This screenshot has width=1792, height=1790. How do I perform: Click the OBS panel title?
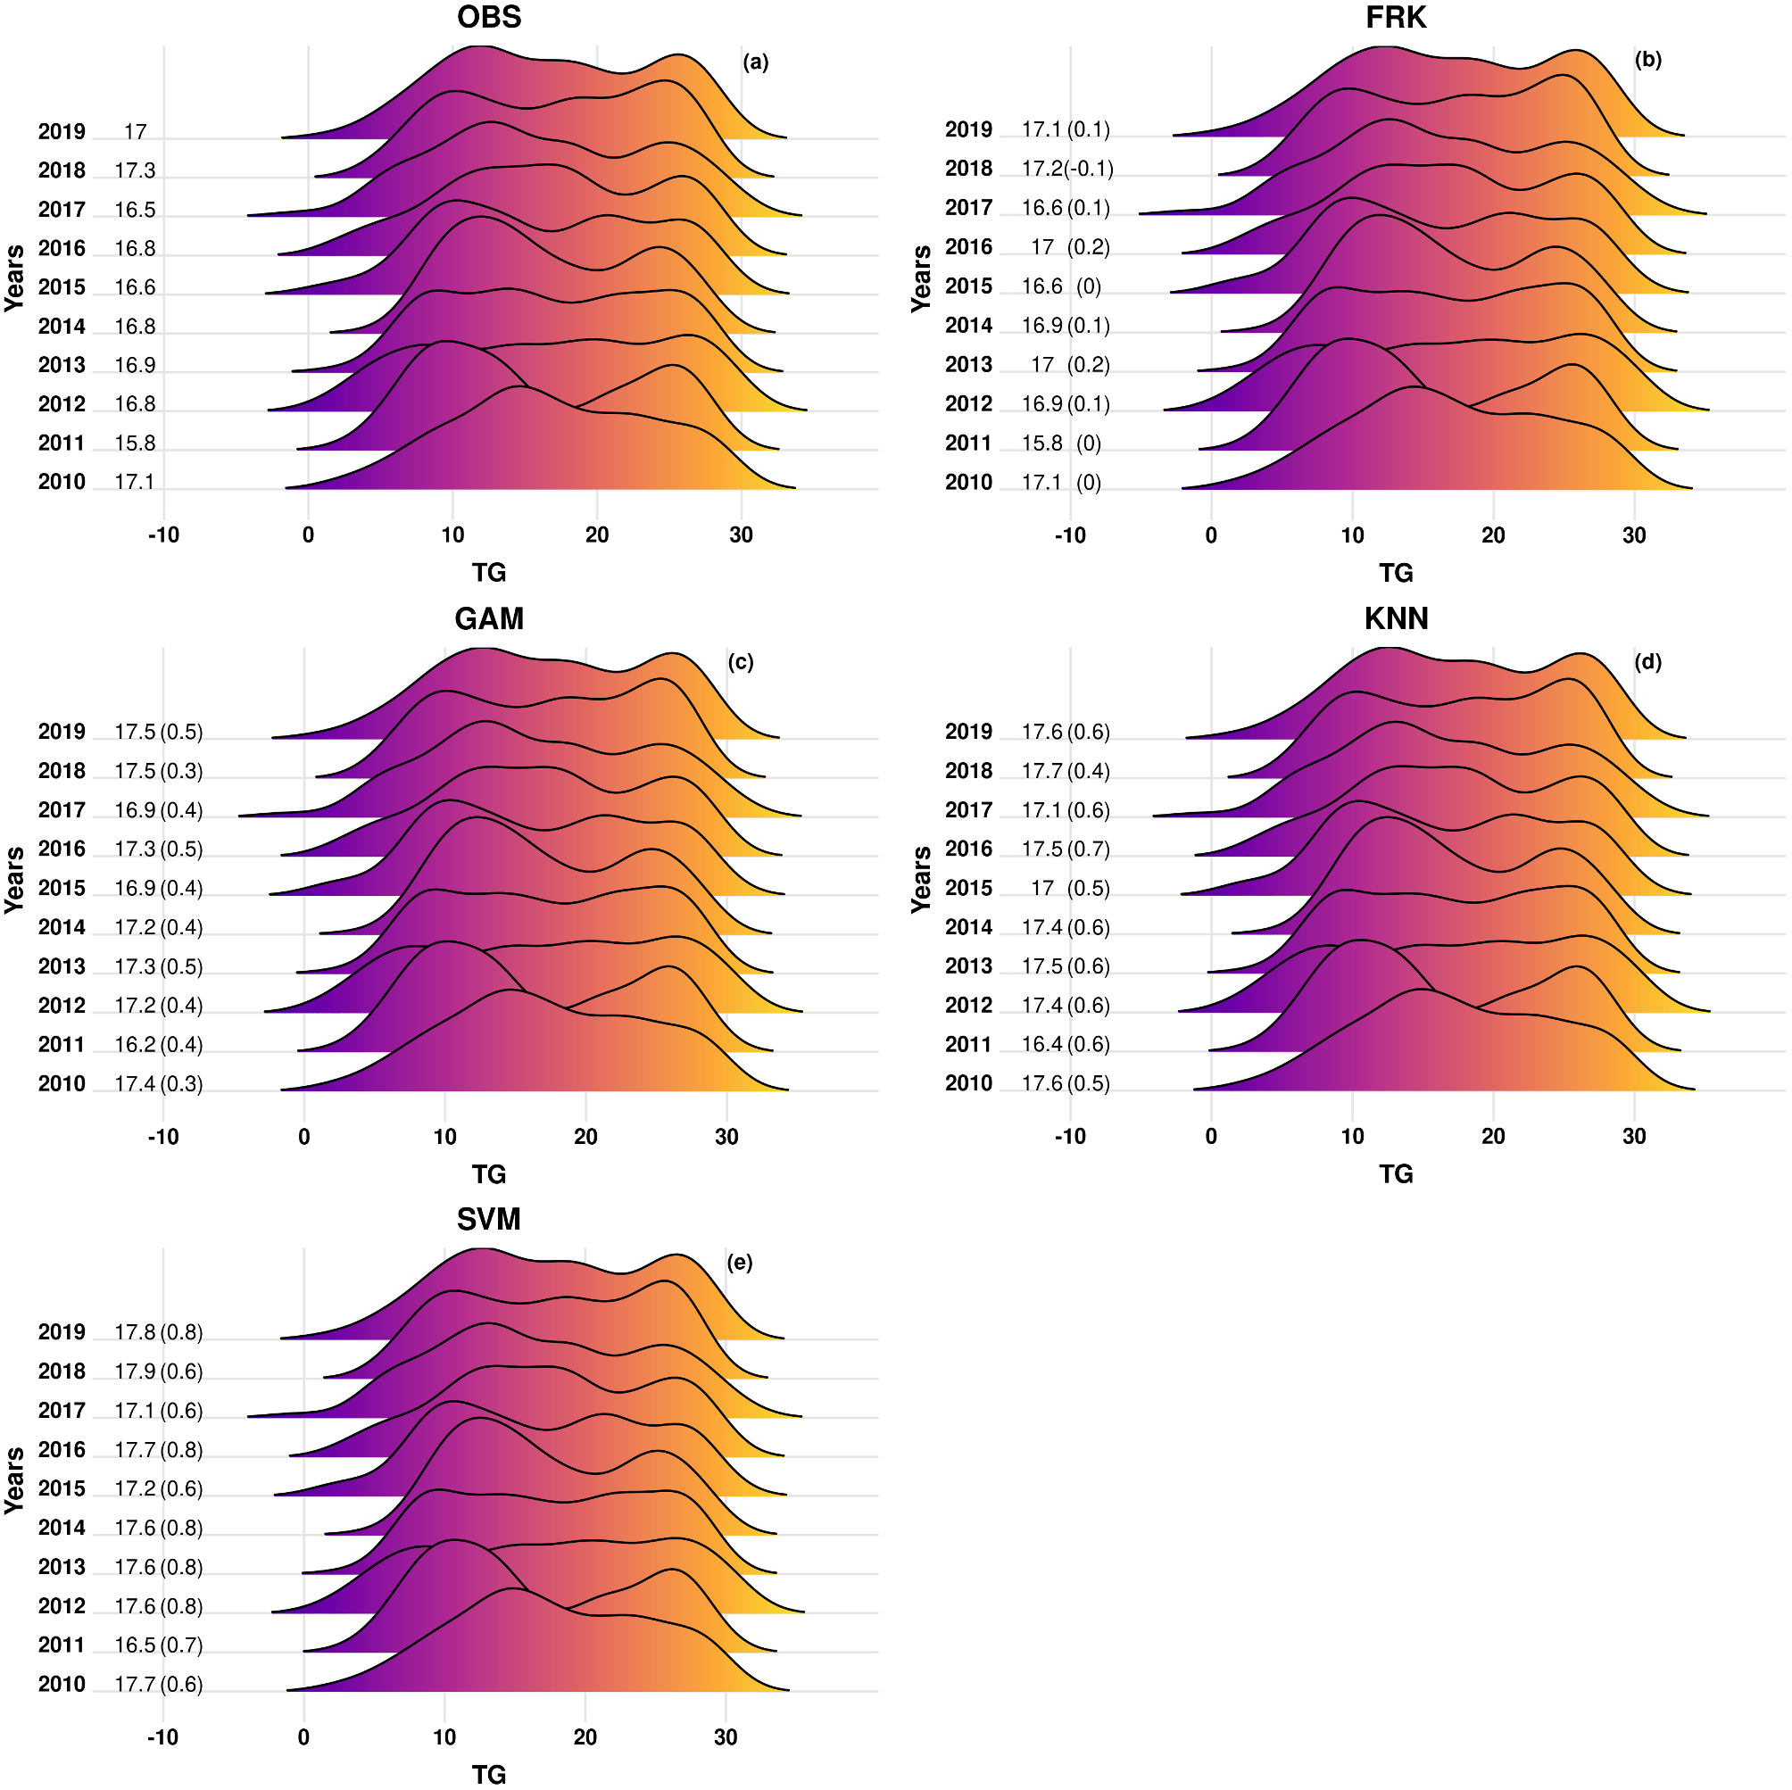point(489,18)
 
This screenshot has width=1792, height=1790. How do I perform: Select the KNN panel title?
point(1396,618)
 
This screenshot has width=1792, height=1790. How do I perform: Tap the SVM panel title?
point(489,1220)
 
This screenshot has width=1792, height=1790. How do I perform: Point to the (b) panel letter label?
point(1647,61)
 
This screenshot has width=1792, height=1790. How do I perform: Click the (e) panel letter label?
point(739,1263)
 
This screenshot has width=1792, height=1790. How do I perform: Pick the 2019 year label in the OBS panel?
point(62,132)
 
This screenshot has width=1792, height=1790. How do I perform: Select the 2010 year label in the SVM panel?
point(62,1685)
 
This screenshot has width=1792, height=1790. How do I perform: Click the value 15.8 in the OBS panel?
point(136,443)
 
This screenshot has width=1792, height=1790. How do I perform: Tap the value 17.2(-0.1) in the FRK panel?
point(1066,169)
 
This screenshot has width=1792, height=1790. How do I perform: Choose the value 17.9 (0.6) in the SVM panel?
point(159,1372)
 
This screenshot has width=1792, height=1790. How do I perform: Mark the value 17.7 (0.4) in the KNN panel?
point(1066,772)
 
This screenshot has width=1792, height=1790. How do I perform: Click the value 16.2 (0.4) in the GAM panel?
point(159,1045)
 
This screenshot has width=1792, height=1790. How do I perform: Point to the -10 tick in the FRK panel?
point(1070,535)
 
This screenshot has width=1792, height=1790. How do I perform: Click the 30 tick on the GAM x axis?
point(726,1137)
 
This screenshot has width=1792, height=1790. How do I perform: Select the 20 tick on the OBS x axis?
point(596,535)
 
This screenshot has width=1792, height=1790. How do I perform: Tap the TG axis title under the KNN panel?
point(1396,1175)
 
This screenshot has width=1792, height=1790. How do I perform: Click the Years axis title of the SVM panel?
point(14,1480)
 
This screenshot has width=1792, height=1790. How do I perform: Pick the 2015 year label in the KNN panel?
point(968,889)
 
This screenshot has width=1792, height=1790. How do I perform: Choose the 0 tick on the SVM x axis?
point(304,1737)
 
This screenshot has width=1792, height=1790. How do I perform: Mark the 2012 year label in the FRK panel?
point(968,404)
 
